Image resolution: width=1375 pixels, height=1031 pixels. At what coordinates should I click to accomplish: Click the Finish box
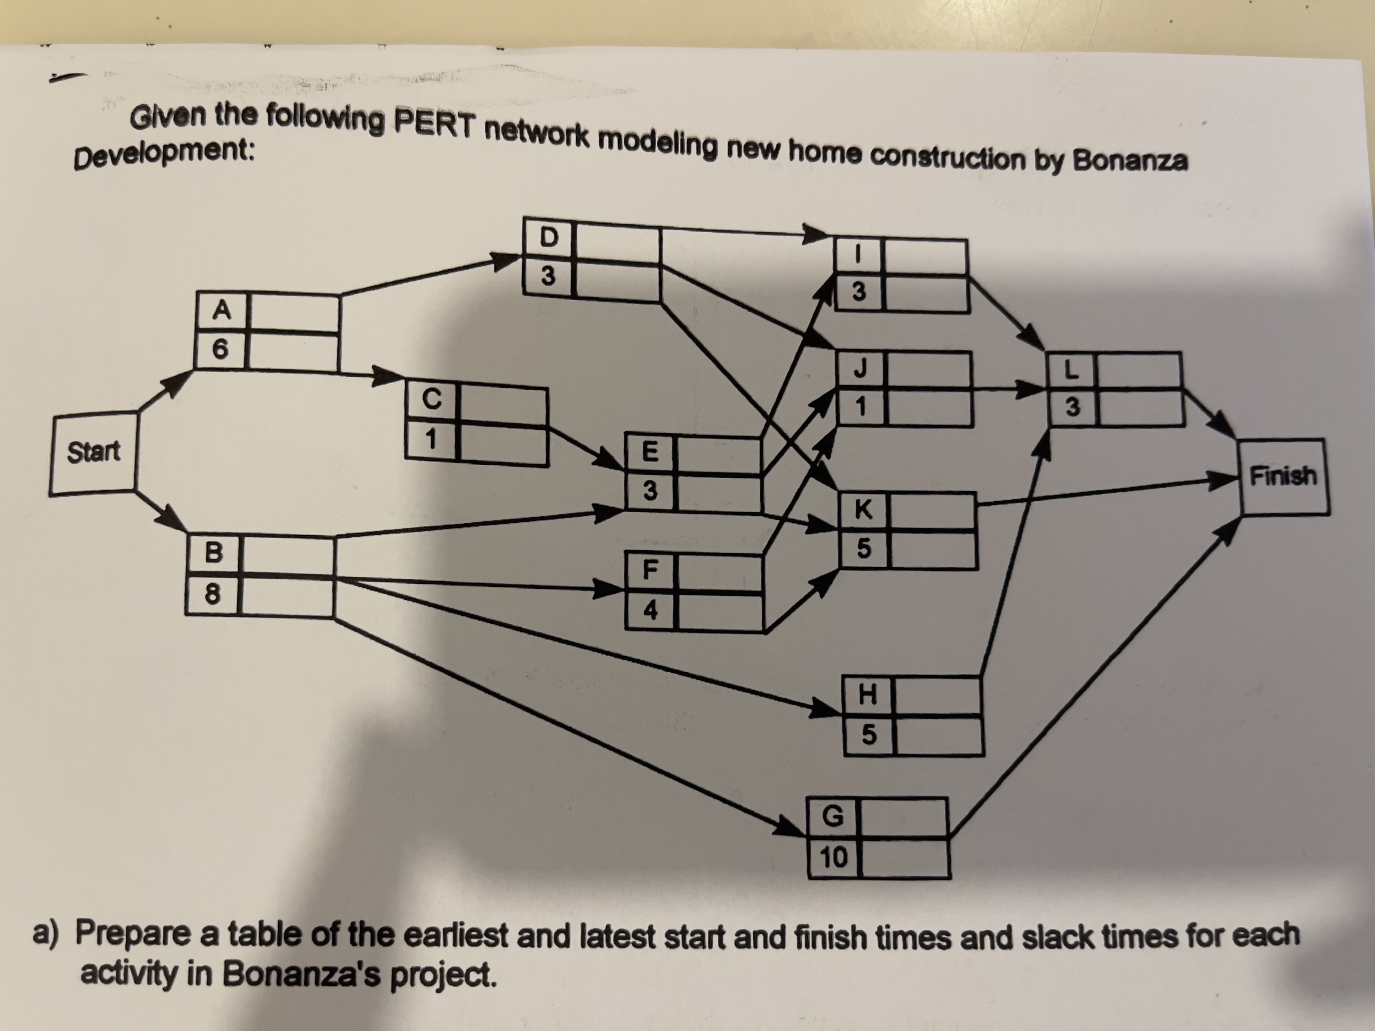[x=1283, y=477]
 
